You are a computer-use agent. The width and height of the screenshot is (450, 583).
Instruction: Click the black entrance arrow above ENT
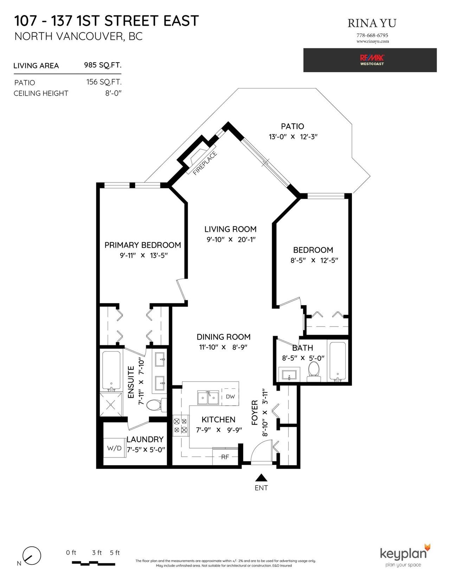261,478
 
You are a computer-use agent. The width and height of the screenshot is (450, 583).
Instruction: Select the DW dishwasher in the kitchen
230,397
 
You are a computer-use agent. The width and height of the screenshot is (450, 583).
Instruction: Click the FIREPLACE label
205,163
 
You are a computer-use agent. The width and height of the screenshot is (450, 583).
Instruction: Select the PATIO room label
292,126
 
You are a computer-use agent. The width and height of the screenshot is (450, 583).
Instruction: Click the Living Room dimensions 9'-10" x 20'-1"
231,239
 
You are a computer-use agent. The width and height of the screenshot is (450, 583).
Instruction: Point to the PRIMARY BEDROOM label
143,245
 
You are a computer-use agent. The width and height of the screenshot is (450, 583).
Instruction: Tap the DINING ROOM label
224,337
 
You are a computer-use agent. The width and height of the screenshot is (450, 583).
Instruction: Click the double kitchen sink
208,398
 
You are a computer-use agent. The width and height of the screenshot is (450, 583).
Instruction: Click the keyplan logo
405,555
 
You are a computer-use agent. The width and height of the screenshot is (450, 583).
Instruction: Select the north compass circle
32,555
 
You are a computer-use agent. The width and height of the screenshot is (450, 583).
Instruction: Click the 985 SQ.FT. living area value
103,65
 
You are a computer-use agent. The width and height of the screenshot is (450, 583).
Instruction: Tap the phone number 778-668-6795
372,35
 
